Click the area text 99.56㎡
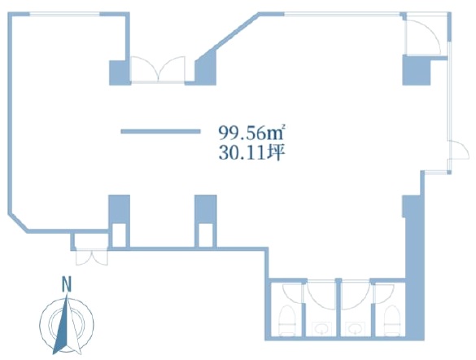(x=251, y=133)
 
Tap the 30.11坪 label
(x=251, y=153)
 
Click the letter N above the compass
(x=67, y=284)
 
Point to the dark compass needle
(x=62, y=327)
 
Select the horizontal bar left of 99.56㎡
(x=160, y=131)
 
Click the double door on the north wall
(x=158, y=69)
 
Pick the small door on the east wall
(x=458, y=150)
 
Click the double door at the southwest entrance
(x=91, y=257)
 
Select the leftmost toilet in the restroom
(x=287, y=321)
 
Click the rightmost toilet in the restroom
(x=392, y=321)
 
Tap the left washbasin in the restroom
(x=321, y=328)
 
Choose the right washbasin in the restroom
(x=354, y=328)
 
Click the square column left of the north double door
(x=120, y=72)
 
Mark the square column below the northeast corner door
(x=417, y=70)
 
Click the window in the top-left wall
(x=64, y=14)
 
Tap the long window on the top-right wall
(x=342, y=14)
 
